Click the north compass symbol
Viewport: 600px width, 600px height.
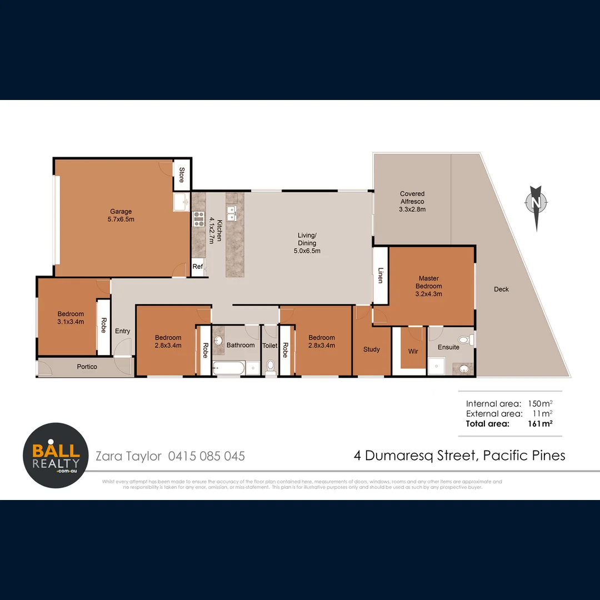pos(536,204)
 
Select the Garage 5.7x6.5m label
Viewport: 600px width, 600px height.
pos(121,215)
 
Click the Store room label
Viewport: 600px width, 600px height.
pos(181,175)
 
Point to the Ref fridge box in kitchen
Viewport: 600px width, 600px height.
pos(197,267)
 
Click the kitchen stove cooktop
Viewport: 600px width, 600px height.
pos(198,219)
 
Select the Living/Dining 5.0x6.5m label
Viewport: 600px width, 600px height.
pos(307,243)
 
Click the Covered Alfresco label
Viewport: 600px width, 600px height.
pos(412,202)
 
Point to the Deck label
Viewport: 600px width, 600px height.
pos(501,289)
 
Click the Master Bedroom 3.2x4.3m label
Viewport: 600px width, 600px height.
pos(429,286)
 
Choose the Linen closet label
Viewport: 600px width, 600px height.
pos(381,276)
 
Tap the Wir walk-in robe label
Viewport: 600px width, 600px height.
pos(412,351)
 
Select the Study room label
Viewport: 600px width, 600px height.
pos(372,349)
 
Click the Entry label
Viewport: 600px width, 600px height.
pos(122,331)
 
